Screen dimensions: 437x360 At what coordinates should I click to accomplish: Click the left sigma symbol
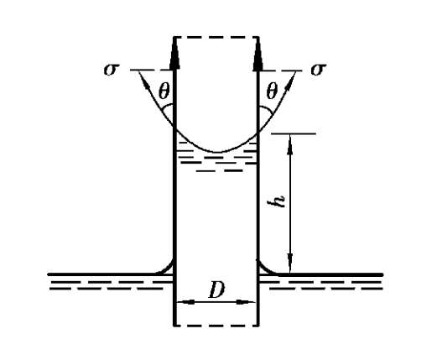[x=112, y=70]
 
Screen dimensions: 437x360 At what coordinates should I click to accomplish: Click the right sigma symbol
[x=318, y=70]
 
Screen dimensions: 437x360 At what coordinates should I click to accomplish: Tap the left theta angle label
[x=164, y=91]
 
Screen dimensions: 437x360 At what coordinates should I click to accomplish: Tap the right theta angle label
[x=272, y=91]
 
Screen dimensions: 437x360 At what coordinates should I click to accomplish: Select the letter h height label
[x=279, y=200]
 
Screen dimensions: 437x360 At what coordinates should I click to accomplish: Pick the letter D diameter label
[x=216, y=290]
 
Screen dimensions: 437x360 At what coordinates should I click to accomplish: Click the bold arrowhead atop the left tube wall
[x=174, y=55]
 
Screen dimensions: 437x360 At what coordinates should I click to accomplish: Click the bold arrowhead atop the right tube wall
[x=258, y=55]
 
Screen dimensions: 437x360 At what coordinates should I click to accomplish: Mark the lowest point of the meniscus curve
[x=217, y=152]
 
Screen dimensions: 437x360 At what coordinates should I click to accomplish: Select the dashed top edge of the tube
[x=216, y=37]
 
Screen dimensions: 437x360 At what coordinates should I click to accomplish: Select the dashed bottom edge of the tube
[x=216, y=326]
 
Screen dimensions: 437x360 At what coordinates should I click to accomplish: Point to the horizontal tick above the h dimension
[x=294, y=133]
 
